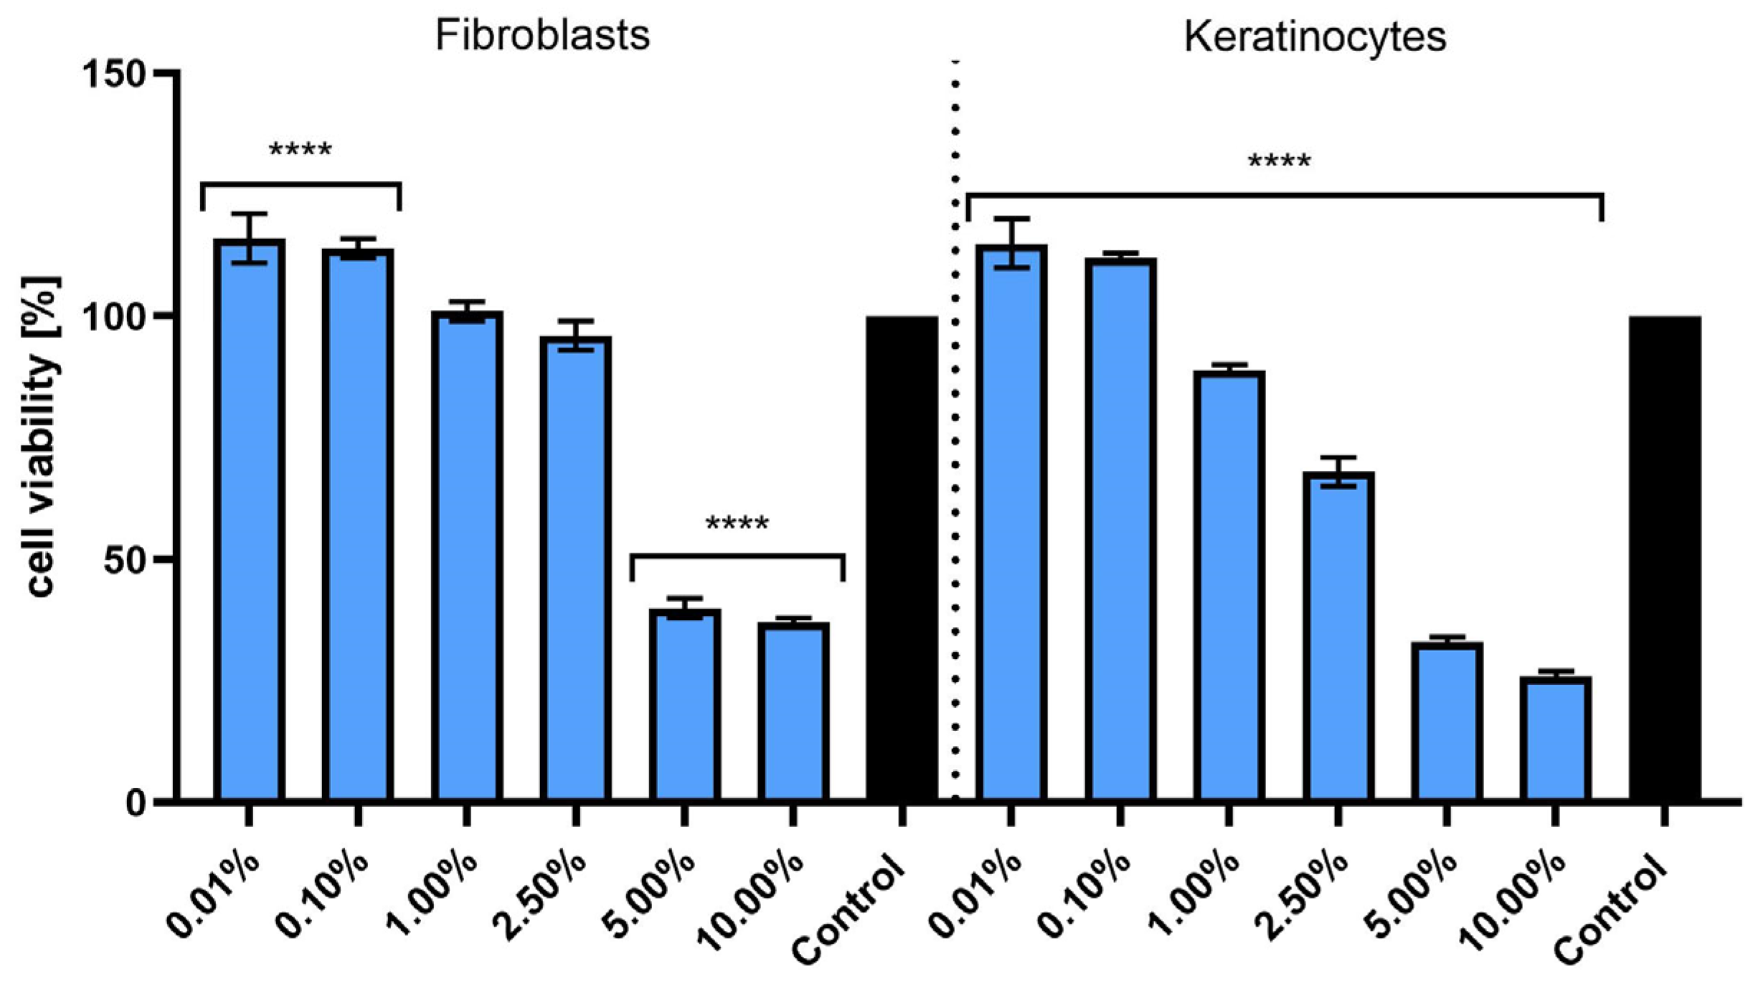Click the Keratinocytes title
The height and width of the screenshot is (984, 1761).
click(1314, 36)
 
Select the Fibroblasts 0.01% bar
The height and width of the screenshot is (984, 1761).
click(249, 520)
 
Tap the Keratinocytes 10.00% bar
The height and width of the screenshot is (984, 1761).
click(1555, 739)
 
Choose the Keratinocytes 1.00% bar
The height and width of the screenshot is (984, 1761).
click(1229, 586)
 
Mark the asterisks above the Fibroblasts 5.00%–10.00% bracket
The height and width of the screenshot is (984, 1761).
click(737, 523)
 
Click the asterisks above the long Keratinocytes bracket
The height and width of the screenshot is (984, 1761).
click(1279, 161)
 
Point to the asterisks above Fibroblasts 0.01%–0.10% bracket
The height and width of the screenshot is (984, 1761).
click(300, 150)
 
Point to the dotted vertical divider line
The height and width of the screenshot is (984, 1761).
click(955, 431)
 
